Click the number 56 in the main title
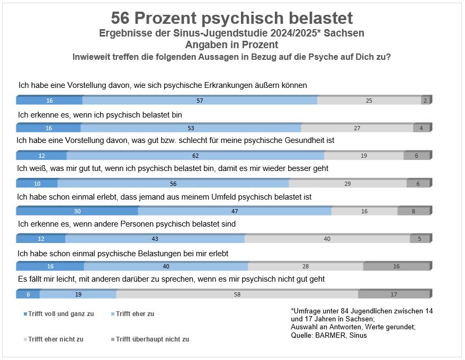pyautogui.click(x=120, y=18)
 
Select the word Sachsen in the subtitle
pyautogui.click(x=345, y=33)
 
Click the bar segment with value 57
pyautogui.click(x=200, y=101)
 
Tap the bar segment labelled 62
pyautogui.click(x=195, y=156)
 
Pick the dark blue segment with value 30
pyautogui.click(x=77, y=211)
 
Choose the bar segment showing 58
pyautogui.click(x=237, y=294)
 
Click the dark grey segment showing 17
pyautogui.click(x=394, y=294)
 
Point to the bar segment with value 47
pyautogui.click(x=235, y=211)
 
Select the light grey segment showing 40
pyautogui.click(x=327, y=239)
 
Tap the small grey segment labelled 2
pyautogui.click(x=425, y=101)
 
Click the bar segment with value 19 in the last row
pyautogui.click(x=78, y=294)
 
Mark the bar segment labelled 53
pyautogui.click(x=191, y=128)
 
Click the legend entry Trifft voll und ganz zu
pyautogui.click(x=60, y=314)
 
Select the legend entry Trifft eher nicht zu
pyautogui.click(x=56, y=339)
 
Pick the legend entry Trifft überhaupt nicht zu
pyautogui.click(x=153, y=339)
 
